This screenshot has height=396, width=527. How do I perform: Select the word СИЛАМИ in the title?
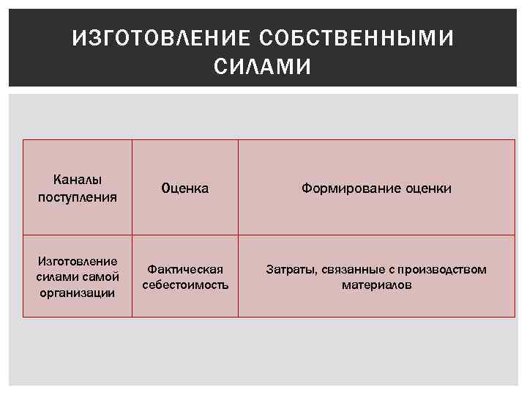(x=263, y=67)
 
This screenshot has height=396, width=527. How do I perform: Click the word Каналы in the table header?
(x=78, y=180)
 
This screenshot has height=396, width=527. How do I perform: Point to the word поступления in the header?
(x=78, y=196)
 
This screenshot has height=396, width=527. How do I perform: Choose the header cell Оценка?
(x=185, y=188)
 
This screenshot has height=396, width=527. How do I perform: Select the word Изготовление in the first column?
(x=78, y=262)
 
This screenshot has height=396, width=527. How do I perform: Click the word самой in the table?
(x=102, y=277)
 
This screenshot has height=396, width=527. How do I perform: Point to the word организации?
(x=78, y=293)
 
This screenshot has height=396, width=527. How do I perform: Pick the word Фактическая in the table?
(x=185, y=269)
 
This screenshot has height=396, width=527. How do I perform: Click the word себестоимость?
(x=185, y=285)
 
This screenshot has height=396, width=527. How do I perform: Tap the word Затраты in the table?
(x=291, y=269)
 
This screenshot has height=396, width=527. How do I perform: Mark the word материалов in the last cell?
(x=376, y=285)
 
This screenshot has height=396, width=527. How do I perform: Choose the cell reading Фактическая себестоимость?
(x=185, y=276)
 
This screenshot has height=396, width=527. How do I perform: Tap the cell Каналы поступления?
(x=78, y=188)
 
